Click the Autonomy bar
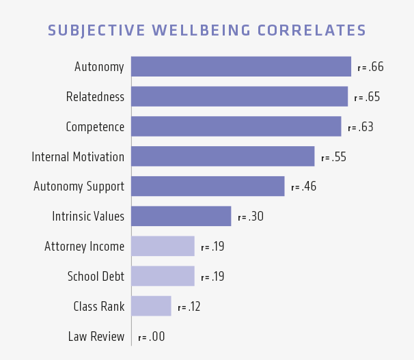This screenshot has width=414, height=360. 240,66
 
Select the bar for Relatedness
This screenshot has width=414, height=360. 239,96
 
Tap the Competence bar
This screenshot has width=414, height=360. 236,126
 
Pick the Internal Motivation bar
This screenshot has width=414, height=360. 223,156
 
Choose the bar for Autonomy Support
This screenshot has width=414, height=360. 208,186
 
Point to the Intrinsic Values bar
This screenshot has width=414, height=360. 181,217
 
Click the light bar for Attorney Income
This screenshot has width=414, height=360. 163,246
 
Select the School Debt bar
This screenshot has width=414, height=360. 163,276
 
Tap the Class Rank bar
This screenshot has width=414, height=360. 151,306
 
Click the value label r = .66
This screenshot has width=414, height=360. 370,67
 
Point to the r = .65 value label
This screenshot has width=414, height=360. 367,97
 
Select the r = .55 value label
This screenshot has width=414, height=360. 333,157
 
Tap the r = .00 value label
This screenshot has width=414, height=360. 151,337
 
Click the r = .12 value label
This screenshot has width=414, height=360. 189,307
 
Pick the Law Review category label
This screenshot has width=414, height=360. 96,336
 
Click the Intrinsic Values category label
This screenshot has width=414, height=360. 88,217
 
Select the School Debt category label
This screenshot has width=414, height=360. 96,276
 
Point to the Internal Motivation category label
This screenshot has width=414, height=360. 78,156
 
